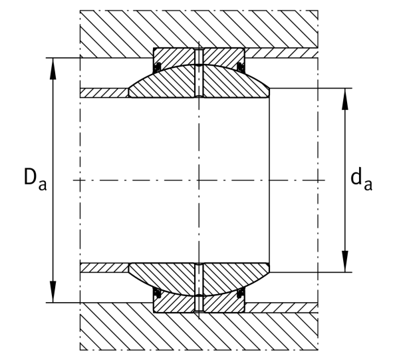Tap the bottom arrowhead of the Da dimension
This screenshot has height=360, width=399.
53,291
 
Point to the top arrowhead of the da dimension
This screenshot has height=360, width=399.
344,99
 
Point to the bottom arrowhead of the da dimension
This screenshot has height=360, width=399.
344,262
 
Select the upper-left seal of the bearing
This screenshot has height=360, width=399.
158,66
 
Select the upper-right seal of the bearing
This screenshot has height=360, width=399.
240,67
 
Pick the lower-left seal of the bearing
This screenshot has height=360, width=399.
158,293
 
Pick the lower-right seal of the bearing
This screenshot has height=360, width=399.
240,293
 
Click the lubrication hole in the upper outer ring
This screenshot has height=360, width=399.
199,57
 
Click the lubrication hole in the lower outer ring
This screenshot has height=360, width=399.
199,303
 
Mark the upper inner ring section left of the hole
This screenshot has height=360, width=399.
163,83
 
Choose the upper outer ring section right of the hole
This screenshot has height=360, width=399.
223,57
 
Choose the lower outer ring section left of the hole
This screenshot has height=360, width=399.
174,303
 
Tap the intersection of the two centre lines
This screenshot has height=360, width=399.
199,180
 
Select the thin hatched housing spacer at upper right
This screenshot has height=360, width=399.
281,53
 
